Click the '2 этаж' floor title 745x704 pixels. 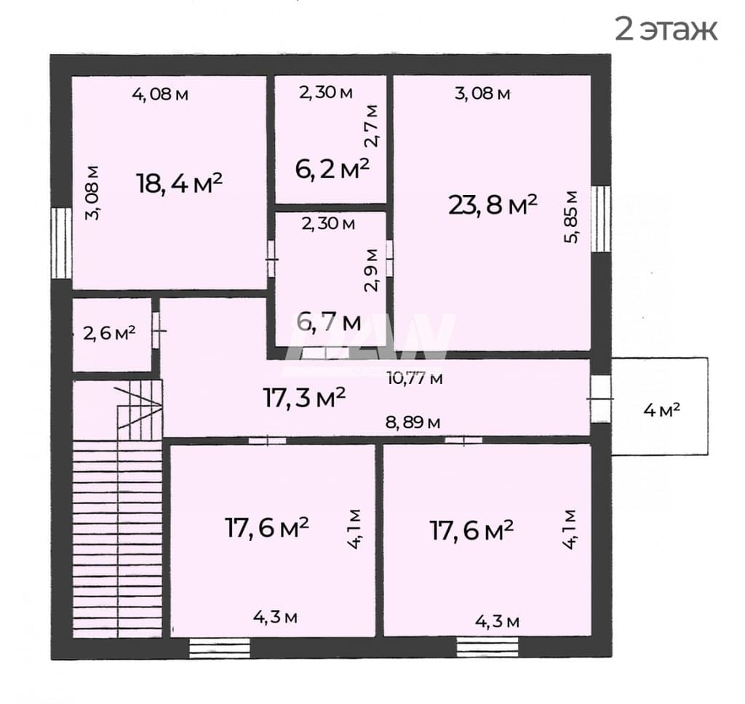coord(666,29)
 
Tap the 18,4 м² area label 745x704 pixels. coord(180,183)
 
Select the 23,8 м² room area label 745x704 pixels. coord(493,205)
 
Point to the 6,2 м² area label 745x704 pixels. coord(332,169)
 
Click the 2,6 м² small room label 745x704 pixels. coord(109,333)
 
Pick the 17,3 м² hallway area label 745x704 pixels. coord(304,398)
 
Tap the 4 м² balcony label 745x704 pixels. coord(661,410)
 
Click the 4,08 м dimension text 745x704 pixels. coord(160,94)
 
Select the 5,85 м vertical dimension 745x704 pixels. coord(572,217)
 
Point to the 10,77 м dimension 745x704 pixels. coord(415,379)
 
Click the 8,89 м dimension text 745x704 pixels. coord(413,422)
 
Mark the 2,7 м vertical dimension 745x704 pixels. coord(372,126)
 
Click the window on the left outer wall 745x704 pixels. coord(61,243)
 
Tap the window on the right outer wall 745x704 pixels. coord(601,218)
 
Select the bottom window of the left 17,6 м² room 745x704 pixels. coord(220,648)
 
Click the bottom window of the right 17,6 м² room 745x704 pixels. coord(487,647)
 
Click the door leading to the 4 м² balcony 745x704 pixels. coord(601,399)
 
